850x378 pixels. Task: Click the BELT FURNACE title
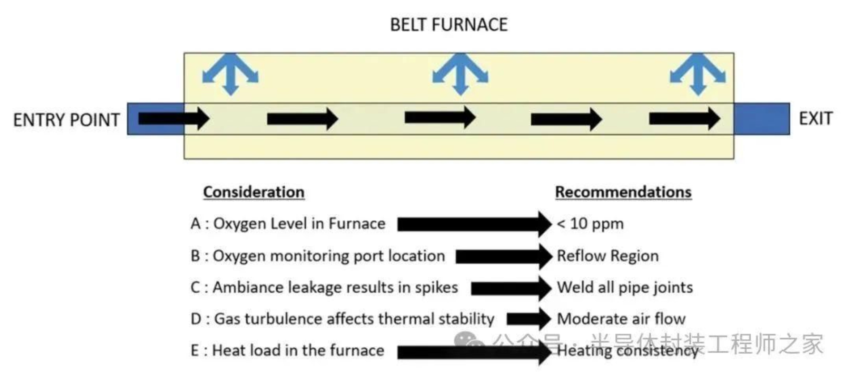tap(449, 25)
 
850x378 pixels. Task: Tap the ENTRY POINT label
tap(66, 119)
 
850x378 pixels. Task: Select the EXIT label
tap(816, 119)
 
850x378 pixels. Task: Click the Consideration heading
tap(253, 192)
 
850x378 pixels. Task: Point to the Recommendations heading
tap(623, 192)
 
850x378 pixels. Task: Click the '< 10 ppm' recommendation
tap(590, 224)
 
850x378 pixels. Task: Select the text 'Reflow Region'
tap(608, 256)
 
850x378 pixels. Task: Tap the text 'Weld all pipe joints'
tap(625, 288)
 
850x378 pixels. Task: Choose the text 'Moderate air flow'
tap(621, 319)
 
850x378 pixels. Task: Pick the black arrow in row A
tap(474, 224)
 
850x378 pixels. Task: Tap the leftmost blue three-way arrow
tap(230, 74)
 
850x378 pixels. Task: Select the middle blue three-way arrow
tap(460, 74)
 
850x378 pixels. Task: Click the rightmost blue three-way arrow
tap(698, 74)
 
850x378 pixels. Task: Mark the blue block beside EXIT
tap(762, 119)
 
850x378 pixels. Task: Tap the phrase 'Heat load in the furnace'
tap(298, 350)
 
